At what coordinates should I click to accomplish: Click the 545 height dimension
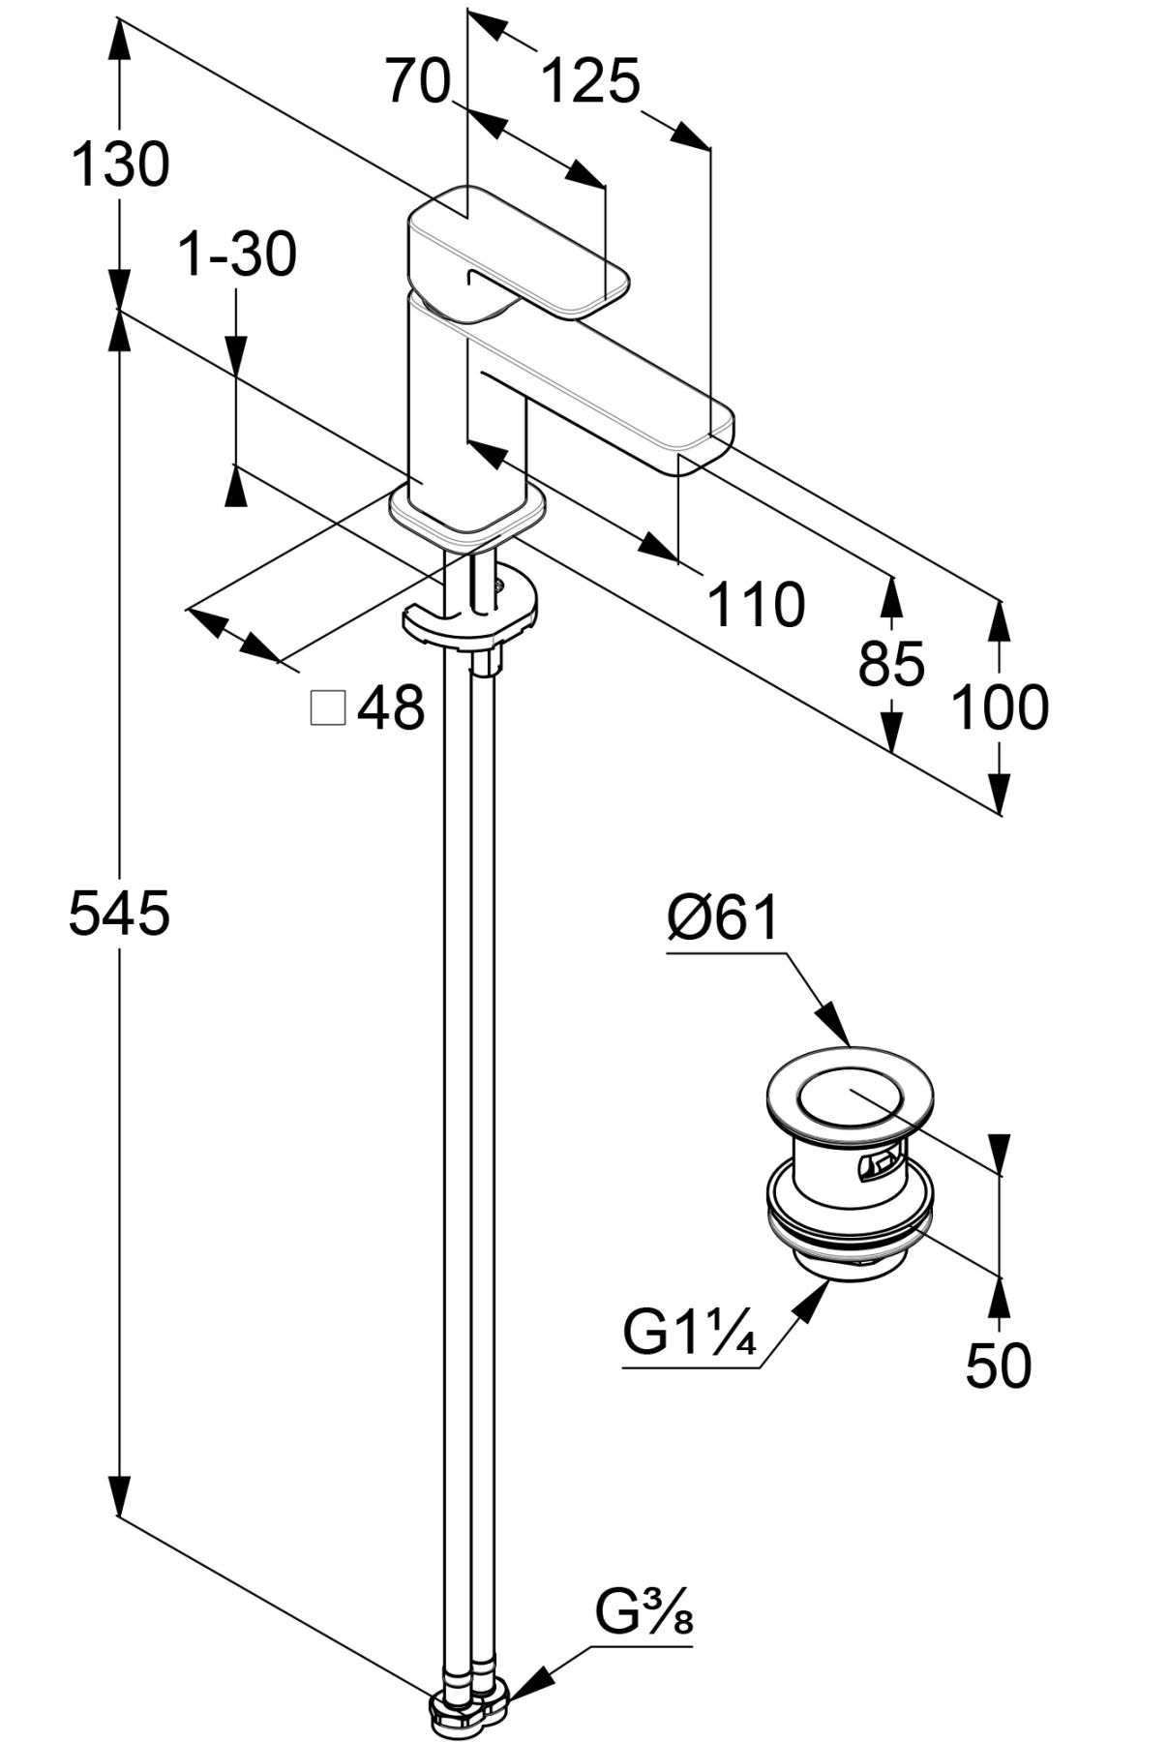(x=119, y=914)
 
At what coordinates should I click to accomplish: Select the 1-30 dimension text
(x=238, y=255)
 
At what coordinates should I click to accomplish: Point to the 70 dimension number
(x=419, y=80)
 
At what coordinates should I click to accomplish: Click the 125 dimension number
(x=589, y=81)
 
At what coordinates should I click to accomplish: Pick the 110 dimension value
(x=756, y=605)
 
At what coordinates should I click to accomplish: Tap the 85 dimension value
(x=891, y=665)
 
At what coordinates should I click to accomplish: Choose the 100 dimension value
(x=1000, y=706)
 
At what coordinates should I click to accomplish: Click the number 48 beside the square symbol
(x=391, y=708)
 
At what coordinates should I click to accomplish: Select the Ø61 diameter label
(x=722, y=916)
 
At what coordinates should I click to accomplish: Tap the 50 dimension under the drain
(x=999, y=1366)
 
